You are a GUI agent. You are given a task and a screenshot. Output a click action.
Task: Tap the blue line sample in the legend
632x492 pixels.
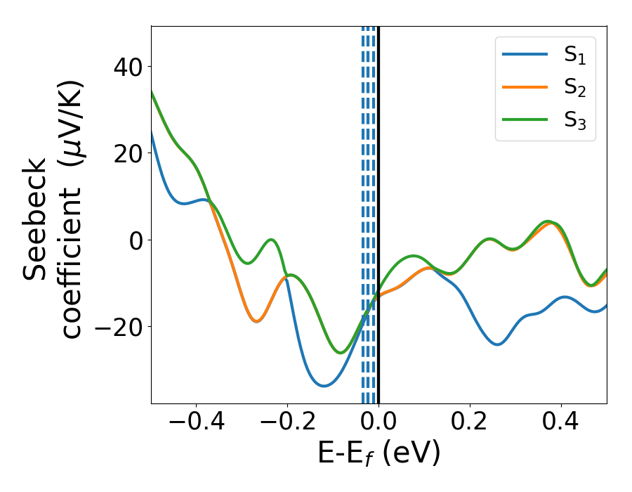[x=525, y=56]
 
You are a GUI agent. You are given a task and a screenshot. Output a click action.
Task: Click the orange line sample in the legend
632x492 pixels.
[x=525, y=88]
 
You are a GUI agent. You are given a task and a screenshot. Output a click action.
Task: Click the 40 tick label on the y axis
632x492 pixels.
[x=126, y=67]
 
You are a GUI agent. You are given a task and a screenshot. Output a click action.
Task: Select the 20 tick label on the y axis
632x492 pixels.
[x=126, y=153]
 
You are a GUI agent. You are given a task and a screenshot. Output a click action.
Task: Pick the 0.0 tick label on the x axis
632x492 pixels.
[x=378, y=422]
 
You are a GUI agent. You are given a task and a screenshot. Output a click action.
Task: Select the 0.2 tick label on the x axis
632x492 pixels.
[x=470, y=422]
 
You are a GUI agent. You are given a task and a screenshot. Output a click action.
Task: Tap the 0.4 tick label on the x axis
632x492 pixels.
[x=561, y=422]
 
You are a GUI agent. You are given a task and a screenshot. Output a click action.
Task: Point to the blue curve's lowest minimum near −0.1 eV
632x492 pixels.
[x=323, y=385]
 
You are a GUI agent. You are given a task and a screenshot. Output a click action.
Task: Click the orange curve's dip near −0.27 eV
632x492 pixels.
[x=256, y=321]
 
